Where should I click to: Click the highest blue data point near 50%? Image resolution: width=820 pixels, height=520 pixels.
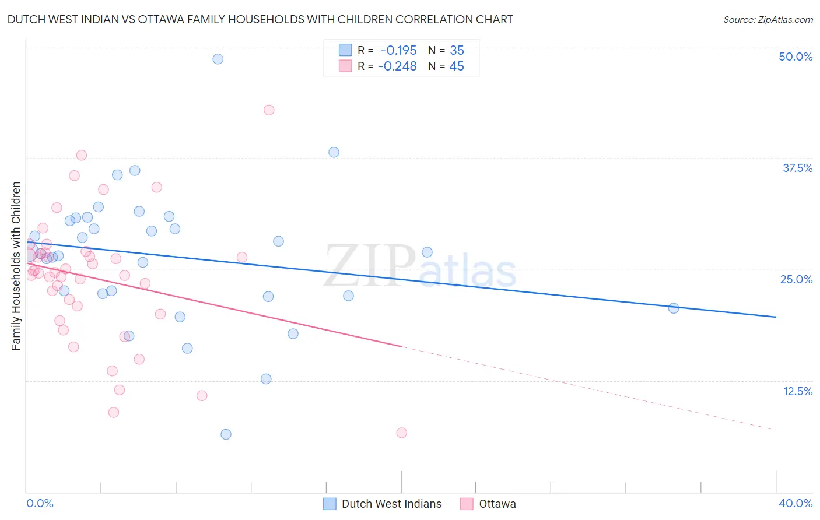pyautogui.click(x=218, y=59)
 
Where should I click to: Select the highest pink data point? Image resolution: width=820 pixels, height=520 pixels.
pyautogui.click(x=269, y=110)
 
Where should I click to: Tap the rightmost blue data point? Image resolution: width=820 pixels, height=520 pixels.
pyautogui.click(x=674, y=308)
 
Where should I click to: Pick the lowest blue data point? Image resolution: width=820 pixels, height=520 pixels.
pyautogui.click(x=226, y=434)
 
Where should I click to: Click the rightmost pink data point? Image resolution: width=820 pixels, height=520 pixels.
pyautogui.click(x=401, y=433)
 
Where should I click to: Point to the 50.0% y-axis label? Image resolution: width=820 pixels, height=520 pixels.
pyautogui.click(x=796, y=57)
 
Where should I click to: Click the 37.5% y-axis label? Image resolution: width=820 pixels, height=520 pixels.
pyautogui.click(x=797, y=168)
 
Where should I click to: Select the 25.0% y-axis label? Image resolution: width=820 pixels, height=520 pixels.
pyautogui.click(x=796, y=279)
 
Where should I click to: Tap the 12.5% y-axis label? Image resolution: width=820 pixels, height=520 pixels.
pyautogui.click(x=797, y=391)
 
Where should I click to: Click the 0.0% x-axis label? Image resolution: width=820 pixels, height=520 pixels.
pyautogui.click(x=40, y=503)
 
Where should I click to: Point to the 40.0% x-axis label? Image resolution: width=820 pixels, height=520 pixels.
pyautogui.click(x=796, y=503)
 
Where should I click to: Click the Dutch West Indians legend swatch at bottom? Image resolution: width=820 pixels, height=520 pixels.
pyautogui.click(x=330, y=504)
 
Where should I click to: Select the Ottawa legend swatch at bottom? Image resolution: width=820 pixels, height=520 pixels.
pyautogui.click(x=467, y=504)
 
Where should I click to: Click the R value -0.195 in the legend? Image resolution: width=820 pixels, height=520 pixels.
pyautogui.click(x=398, y=50)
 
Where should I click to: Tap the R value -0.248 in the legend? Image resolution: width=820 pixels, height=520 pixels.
pyautogui.click(x=397, y=66)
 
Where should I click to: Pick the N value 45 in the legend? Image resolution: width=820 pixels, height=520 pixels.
pyautogui.click(x=457, y=66)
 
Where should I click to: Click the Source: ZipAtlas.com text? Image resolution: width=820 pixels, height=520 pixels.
pyautogui.click(x=768, y=20)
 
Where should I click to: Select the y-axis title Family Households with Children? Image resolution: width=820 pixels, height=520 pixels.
pyautogui.click(x=16, y=266)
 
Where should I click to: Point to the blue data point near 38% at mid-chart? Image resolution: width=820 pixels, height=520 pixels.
pyautogui.click(x=334, y=152)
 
